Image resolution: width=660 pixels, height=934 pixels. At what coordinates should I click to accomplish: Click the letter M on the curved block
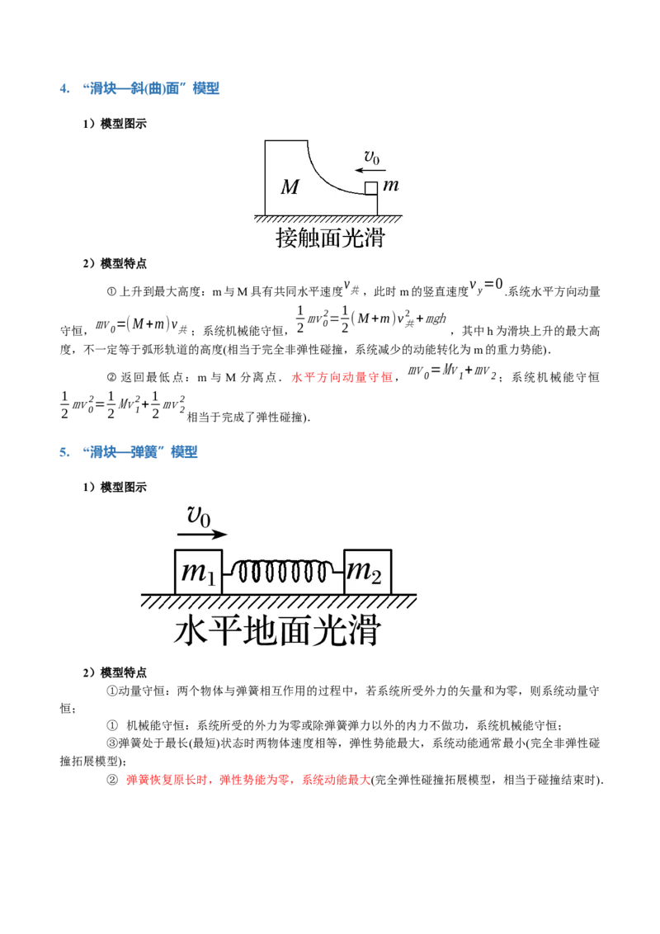pyautogui.click(x=290, y=187)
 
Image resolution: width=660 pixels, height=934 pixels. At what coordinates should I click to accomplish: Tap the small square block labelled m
pyautogui.click(x=371, y=187)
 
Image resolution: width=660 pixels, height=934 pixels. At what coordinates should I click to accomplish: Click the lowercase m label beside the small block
pyautogui.click(x=391, y=186)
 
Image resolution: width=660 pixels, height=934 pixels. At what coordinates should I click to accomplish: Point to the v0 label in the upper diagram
pyautogui.click(x=372, y=157)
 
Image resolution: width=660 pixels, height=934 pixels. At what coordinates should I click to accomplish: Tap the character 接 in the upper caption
pyautogui.click(x=286, y=239)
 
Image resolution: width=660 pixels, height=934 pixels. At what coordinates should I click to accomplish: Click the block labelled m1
pyautogui.click(x=199, y=572)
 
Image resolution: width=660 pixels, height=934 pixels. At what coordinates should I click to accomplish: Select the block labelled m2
pyautogui.click(x=367, y=572)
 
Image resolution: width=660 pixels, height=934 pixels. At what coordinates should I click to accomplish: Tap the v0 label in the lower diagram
pyautogui.click(x=199, y=517)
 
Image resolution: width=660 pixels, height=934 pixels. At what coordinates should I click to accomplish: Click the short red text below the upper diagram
pyautogui.click(x=343, y=378)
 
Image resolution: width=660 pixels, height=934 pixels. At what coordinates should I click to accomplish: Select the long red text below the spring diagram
pyautogui.click(x=247, y=779)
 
